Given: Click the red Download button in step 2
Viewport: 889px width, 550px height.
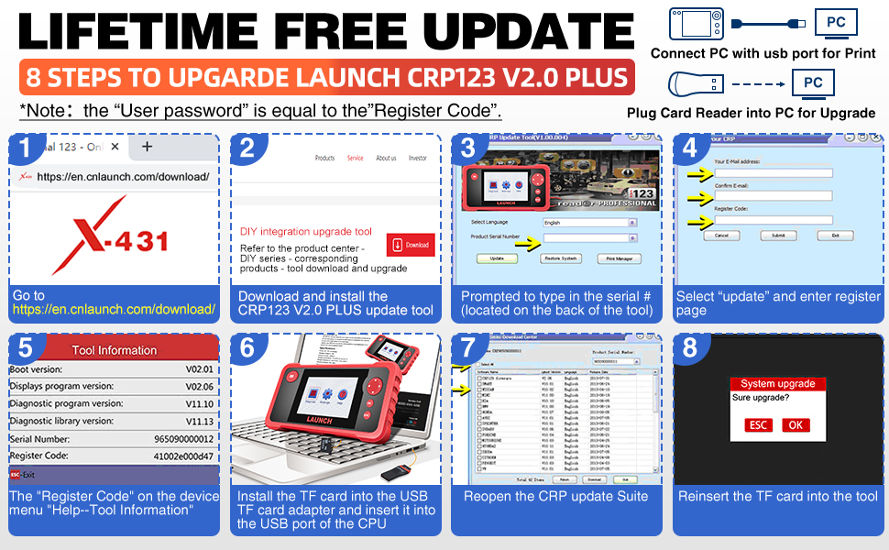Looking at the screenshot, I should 410,246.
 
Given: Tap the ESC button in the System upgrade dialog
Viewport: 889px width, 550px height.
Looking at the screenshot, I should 758,424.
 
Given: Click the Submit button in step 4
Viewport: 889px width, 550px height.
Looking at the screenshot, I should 778,236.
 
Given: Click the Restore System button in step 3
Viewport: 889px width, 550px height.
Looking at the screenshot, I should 560,258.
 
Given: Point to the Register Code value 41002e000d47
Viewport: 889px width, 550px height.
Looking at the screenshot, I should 184,456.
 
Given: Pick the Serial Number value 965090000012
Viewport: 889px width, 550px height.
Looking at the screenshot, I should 182,438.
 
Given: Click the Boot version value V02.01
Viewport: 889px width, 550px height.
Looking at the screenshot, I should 198,369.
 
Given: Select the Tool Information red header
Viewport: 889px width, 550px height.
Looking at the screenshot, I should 115,349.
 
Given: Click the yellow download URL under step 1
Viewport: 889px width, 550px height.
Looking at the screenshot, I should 115,310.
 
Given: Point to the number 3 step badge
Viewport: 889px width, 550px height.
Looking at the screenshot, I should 469,148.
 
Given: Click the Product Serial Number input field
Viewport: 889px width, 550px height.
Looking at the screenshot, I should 587,237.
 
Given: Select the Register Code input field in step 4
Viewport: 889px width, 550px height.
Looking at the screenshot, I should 774,220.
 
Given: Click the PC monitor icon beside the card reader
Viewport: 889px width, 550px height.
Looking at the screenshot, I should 812,83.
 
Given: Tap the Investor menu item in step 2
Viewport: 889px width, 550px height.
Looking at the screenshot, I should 418,158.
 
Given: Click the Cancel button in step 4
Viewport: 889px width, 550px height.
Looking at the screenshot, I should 721,236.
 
